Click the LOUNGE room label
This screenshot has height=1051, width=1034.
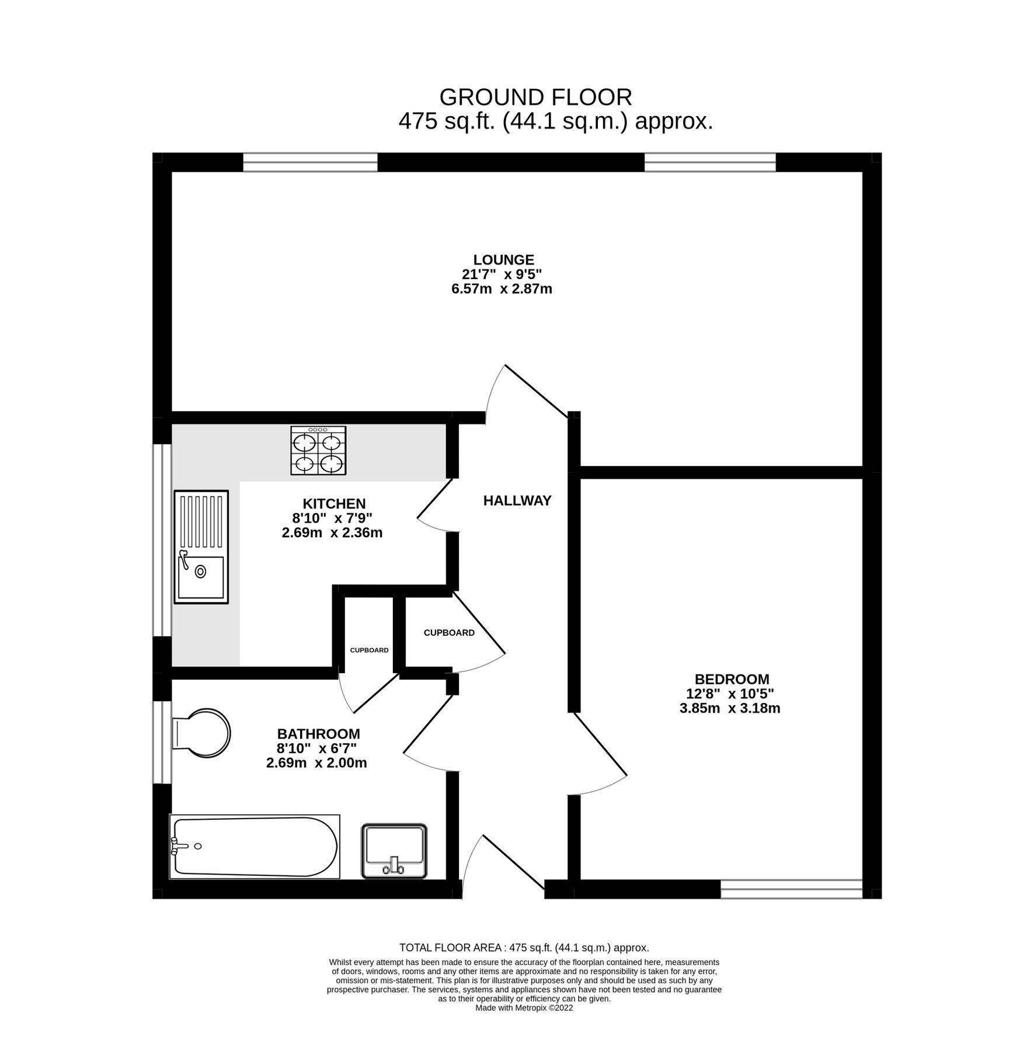tap(503, 260)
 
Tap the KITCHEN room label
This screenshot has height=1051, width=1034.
tap(334, 503)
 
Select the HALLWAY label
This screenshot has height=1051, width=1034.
tap(517, 500)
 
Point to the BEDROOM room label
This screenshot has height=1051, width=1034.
tap(732, 679)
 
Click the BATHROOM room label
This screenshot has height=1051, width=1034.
tap(318, 733)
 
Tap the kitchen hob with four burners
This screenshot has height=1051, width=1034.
tap(318, 450)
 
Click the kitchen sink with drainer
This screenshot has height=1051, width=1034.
tap(201, 547)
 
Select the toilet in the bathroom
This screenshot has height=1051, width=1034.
tap(202, 733)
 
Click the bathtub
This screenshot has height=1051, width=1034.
tap(255, 847)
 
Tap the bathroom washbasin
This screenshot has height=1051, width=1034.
tap(395, 851)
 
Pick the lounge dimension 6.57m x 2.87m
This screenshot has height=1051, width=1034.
tap(502, 289)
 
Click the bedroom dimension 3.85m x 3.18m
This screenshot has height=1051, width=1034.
tap(730, 709)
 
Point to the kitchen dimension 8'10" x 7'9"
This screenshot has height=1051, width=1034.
tap(332, 518)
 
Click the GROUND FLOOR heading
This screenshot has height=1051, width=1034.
tap(535, 97)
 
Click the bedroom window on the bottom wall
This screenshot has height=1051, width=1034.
tap(791, 889)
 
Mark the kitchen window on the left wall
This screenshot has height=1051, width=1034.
tap(162, 540)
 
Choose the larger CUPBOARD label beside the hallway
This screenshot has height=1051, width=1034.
tap(449, 633)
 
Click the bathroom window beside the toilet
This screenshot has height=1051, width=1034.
tap(162, 742)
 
